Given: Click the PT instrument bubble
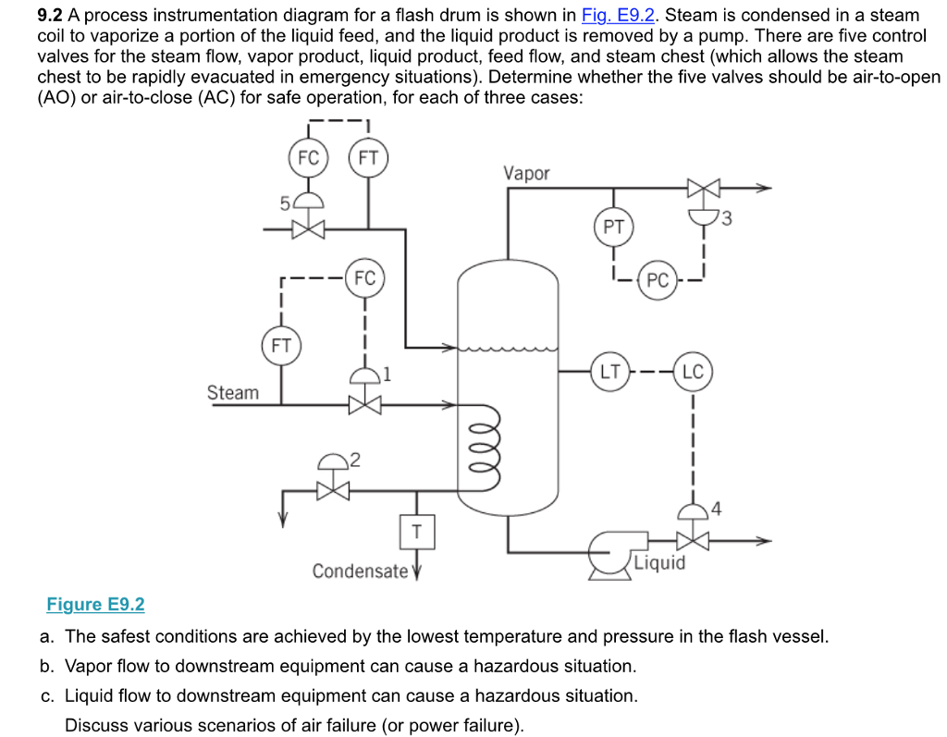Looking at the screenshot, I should point(613,227).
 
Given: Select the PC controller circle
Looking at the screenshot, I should point(657,280).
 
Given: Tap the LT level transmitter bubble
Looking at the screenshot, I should point(610,373).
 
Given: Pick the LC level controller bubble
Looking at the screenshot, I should point(693,373).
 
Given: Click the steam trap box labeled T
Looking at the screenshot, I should point(417,532).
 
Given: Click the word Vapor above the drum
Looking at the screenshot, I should point(526,173).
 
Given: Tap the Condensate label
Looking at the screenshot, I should point(360,571).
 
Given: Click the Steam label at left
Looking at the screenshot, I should point(233,392).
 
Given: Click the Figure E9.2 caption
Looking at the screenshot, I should point(96,605).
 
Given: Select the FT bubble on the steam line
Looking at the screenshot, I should point(281,347).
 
